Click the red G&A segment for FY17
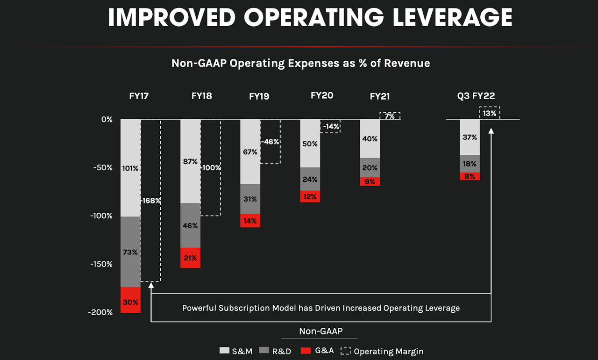(130, 300)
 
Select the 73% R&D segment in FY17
(130, 252)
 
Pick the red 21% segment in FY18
(190, 258)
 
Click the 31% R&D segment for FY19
(250, 199)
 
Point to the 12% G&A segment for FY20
(310, 196)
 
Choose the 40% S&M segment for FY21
(370, 138)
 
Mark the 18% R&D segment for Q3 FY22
(470, 164)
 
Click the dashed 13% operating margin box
(490, 113)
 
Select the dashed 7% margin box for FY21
(390, 116)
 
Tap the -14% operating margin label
(331, 126)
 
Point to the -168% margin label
(151, 201)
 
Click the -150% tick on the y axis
(101, 264)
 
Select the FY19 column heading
(259, 96)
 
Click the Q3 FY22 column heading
(476, 96)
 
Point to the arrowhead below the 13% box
(491, 132)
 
